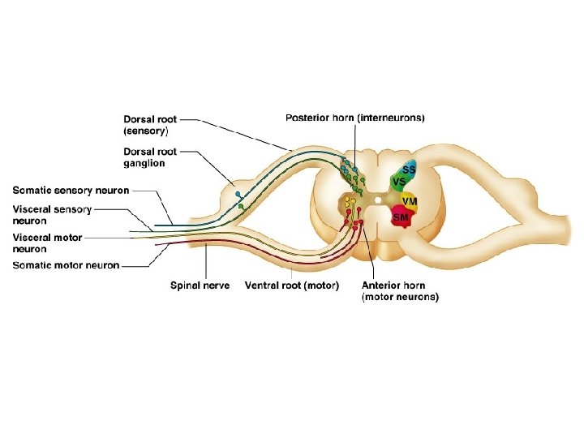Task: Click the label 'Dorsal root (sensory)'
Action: pyautogui.click(x=150, y=124)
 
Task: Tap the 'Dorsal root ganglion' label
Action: pyautogui.click(x=150, y=157)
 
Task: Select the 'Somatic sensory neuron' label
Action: pyautogui.click(x=71, y=191)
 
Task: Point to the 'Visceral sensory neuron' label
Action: pyautogui.click(x=52, y=214)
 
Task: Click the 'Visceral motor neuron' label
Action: pyautogui.click(x=47, y=243)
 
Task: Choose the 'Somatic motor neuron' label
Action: pyautogui.click(x=66, y=265)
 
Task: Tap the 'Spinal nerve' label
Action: pyautogui.click(x=200, y=286)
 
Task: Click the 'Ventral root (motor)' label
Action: pyautogui.click(x=292, y=286)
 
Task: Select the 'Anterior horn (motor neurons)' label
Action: pyautogui.click(x=400, y=291)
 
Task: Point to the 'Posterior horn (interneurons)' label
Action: pyautogui.click(x=355, y=118)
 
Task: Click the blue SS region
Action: pyautogui.click(x=409, y=170)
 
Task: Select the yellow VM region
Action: pyautogui.click(x=410, y=200)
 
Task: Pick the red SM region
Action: pyautogui.click(x=401, y=217)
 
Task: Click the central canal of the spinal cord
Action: pyautogui.click(x=378, y=198)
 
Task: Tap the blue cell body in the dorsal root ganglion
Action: pyautogui.click(x=237, y=195)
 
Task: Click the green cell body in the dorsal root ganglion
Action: pyautogui.click(x=242, y=207)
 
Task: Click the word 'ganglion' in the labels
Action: pyautogui.click(x=145, y=163)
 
